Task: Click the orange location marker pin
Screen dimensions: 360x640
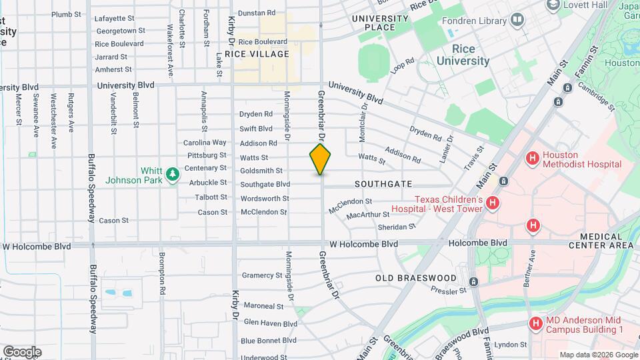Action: (320, 159)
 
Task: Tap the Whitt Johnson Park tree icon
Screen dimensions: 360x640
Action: (173, 175)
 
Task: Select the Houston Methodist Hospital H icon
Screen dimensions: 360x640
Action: (532, 159)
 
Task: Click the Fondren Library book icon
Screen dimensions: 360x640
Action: (517, 21)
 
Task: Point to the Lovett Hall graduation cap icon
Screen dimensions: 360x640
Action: (552, 5)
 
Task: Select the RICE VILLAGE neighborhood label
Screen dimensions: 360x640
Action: (257, 54)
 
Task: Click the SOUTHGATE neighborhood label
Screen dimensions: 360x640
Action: (383, 184)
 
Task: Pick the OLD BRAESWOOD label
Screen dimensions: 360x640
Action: (415, 278)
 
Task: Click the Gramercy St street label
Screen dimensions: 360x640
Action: (262, 275)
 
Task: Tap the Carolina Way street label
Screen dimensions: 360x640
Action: (205, 143)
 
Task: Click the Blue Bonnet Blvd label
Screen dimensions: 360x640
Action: (269, 340)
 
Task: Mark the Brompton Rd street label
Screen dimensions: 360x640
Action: (161, 274)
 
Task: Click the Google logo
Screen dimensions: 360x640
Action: (22, 351)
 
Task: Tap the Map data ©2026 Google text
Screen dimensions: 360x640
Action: (598, 355)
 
